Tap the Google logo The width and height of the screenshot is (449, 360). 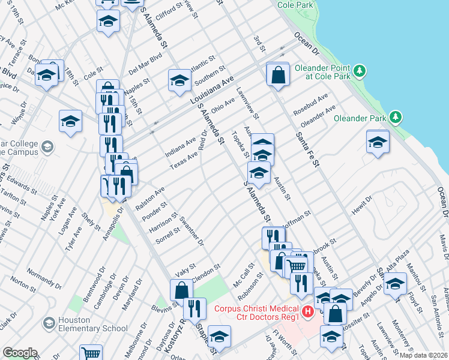tap(19, 353)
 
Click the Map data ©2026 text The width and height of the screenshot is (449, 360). tap(423, 355)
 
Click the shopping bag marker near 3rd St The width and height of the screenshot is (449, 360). tap(278, 75)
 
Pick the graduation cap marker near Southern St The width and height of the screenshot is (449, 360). tap(179, 80)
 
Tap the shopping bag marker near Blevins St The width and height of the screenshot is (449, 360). tap(181, 291)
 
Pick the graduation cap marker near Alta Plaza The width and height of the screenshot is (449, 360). tap(395, 283)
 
